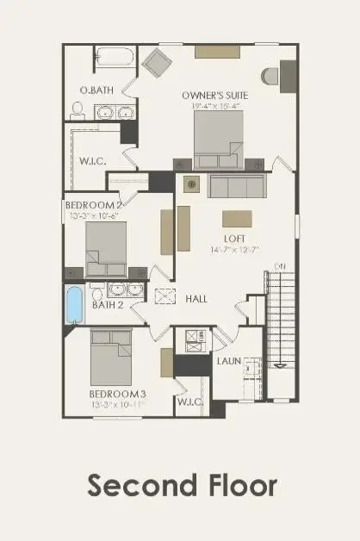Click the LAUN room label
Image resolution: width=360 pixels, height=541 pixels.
click(228, 362)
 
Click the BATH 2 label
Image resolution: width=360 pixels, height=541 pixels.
click(108, 305)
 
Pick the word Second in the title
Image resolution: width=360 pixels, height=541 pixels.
click(137, 485)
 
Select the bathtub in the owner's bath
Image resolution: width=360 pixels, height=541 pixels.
click(113, 57)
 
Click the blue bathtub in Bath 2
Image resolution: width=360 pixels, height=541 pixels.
click(74, 304)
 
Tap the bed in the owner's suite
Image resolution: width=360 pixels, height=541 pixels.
click(218, 140)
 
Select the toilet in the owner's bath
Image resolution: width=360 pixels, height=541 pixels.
click(77, 109)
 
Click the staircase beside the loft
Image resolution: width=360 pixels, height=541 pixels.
click(280, 319)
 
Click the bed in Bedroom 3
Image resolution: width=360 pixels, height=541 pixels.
click(112, 357)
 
